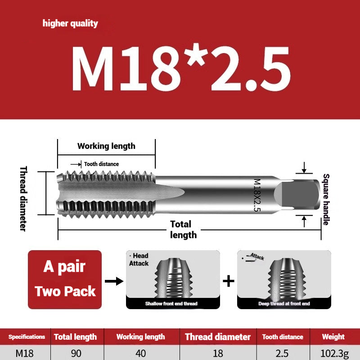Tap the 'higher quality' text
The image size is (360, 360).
tap(70, 23)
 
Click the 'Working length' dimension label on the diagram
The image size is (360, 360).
tap(106, 146)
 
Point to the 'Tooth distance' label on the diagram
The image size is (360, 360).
tap(101, 164)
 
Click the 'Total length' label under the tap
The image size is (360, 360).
tap(182, 229)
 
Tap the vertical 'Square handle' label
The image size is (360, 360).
tap(326, 199)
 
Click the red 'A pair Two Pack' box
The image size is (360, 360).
tap(65, 279)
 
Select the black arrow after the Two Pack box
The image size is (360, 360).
tap(113, 281)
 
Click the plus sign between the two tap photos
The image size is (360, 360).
tap(229, 281)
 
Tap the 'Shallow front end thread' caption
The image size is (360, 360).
tap(171, 304)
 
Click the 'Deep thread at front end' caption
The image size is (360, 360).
tap(283, 304)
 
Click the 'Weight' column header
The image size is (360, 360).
tap(333, 337)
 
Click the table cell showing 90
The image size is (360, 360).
tap(76, 353)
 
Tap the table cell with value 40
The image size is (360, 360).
tap(140, 353)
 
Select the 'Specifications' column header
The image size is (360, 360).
tap(27, 337)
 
